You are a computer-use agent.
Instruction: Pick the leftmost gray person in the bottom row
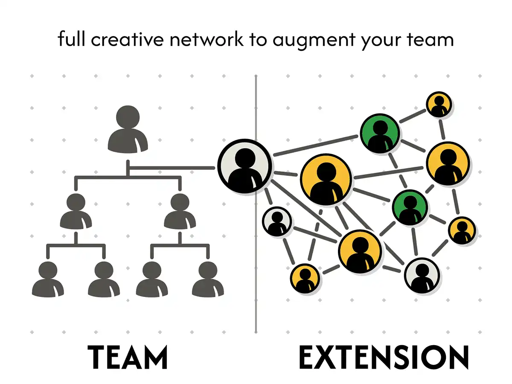[x=48, y=279]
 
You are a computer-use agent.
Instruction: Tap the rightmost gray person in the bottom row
[x=208, y=279]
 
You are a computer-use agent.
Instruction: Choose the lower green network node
[x=410, y=207]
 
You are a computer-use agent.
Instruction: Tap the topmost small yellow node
[x=439, y=105]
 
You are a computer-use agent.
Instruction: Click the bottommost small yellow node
[x=305, y=278]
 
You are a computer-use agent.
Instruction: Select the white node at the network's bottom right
[x=422, y=275]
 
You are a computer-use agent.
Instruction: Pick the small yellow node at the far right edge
[x=462, y=230]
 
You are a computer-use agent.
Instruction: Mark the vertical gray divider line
[x=256, y=299]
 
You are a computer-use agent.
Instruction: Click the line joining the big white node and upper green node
[x=316, y=145]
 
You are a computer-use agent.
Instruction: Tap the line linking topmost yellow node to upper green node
[x=413, y=116]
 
